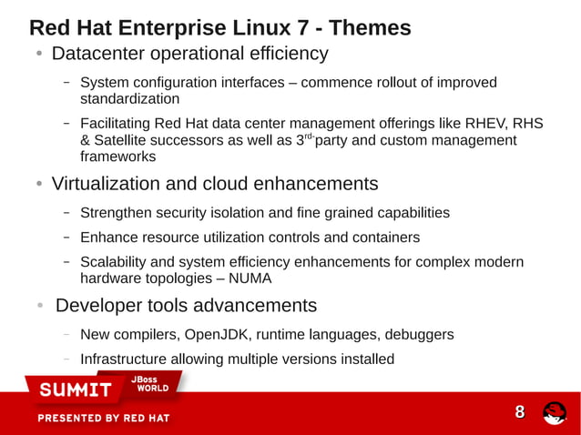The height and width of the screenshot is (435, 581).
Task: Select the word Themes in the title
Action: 369,27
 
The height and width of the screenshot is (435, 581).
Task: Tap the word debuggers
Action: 418,334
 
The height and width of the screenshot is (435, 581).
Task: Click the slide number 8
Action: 520,412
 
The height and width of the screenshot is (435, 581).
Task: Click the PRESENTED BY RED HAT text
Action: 103,419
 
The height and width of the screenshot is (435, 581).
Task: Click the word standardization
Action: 129,98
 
